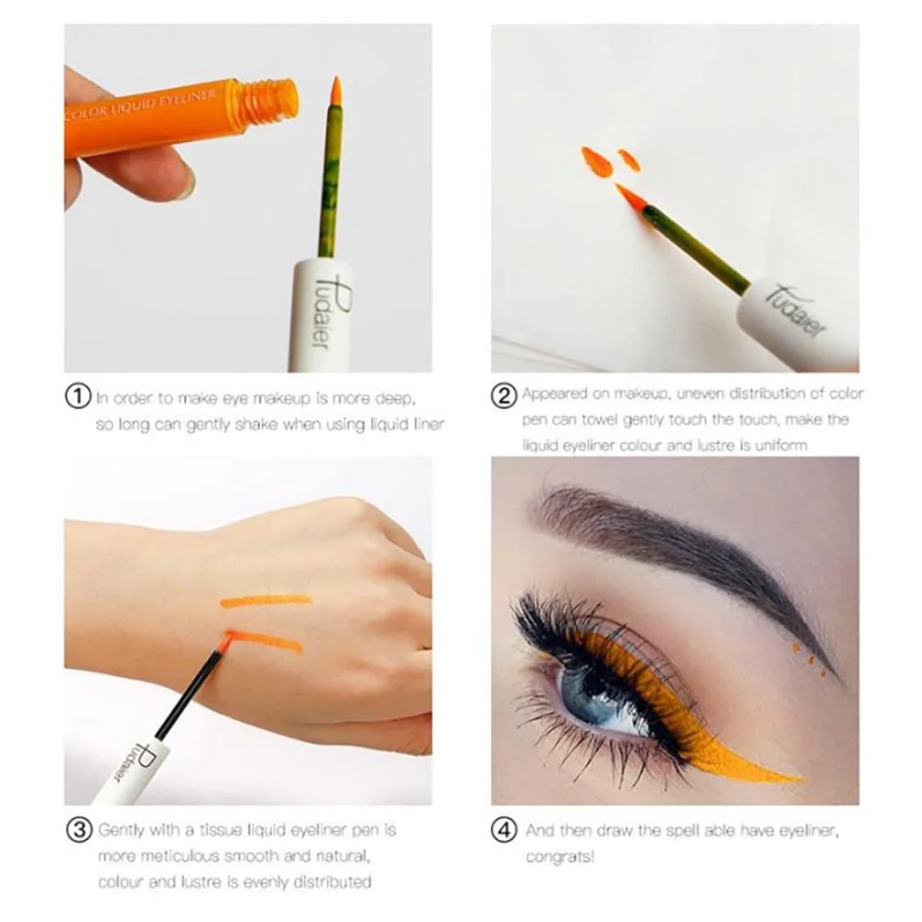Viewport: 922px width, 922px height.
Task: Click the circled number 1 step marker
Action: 78,397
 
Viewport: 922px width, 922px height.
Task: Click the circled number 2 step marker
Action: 504,395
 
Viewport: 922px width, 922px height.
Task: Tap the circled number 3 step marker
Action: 78,829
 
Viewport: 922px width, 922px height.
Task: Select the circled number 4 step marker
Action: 504,829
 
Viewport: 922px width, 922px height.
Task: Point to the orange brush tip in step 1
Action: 335,92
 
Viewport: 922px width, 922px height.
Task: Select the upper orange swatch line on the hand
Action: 266,601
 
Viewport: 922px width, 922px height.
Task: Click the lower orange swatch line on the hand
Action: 266,641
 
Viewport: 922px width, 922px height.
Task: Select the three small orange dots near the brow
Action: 804,654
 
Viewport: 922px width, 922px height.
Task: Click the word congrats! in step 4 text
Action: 559,856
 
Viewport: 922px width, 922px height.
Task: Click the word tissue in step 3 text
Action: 221,830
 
